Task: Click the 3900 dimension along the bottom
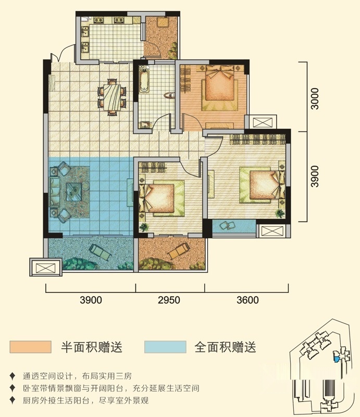pyautogui.click(x=91, y=300)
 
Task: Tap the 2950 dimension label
pyautogui.click(x=169, y=300)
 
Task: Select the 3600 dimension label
pyautogui.click(x=247, y=300)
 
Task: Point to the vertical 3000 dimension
pyautogui.click(x=315, y=99)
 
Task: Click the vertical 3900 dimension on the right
pyautogui.click(x=315, y=176)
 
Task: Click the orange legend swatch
pyautogui.click(x=30, y=347)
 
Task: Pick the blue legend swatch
pyautogui.click(x=165, y=347)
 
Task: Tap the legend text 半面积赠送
pyautogui.click(x=92, y=347)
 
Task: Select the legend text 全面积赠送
pyautogui.click(x=226, y=347)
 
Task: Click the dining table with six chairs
pyautogui.click(x=112, y=97)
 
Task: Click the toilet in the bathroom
pyautogui.click(x=169, y=95)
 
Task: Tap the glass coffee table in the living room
pyautogui.click(x=74, y=191)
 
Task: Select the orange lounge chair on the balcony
pyautogui.click(x=178, y=251)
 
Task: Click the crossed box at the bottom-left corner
pyautogui.click(x=46, y=267)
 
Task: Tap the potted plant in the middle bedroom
pyautogui.click(x=144, y=227)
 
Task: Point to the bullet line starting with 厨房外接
pyautogui.click(x=85, y=400)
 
